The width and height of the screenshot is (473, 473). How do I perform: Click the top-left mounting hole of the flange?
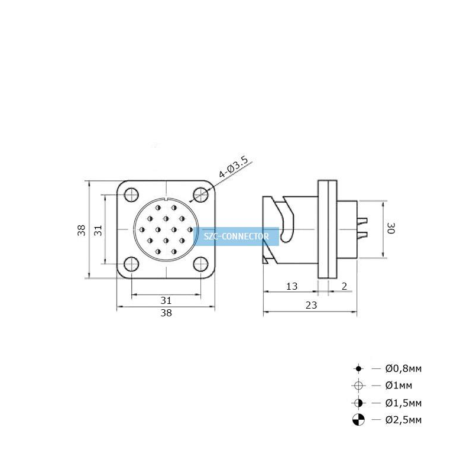click(131, 195)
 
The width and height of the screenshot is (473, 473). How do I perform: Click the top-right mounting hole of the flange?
click(200, 195)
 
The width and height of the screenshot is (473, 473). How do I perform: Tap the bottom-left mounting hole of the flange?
click(131, 264)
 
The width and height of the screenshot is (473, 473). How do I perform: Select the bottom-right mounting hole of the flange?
click(200, 264)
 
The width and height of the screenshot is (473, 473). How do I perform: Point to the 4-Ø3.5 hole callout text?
click(234, 167)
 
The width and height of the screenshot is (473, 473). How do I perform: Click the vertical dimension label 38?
click(82, 230)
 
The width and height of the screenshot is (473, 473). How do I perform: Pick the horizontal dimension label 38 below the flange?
click(166, 313)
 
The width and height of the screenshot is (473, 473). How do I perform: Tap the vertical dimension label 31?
click(98, 231)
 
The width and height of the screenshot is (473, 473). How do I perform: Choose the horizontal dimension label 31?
click(166, 300)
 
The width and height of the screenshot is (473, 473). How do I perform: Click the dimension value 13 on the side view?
click(291, 286)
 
